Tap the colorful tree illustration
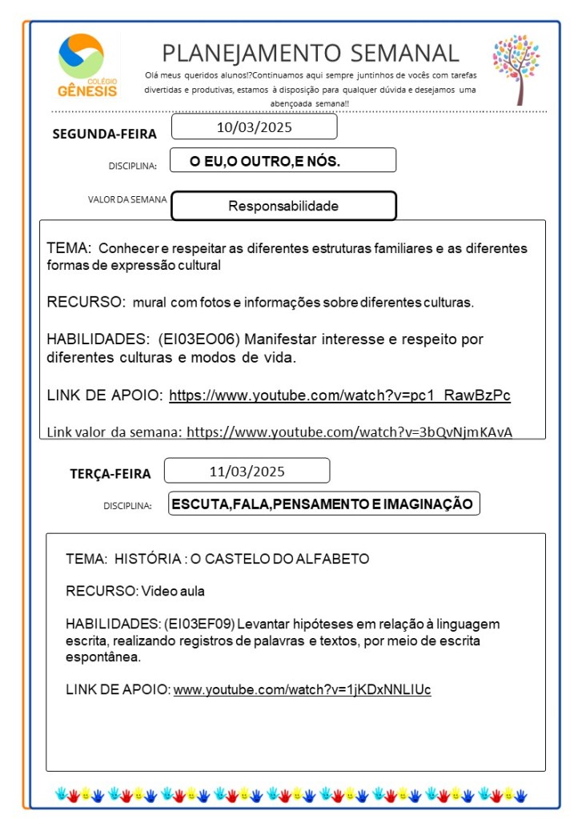pyautogui.click(x=516, y=68)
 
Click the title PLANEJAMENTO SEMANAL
pyautogui.click(x=311, y=53)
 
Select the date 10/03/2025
pyautogui.click(x=254, y=127)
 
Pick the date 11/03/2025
pyautogui.click(x=247, y=471)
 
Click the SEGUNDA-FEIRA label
pyautogui.click(x=104, y=134)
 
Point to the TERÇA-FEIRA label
pyautogui.click(x=110, y=474)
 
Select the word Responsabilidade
pyautogui.click(x=283, y=206)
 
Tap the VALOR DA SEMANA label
pyautogui.click(x=127, y=199)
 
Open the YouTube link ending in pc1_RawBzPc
pyautogui.click(x=339, y=395)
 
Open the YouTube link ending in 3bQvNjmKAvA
pyautogui.click(x=349, y=432)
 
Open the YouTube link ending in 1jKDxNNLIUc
pyautogui.click(x=302, y=689)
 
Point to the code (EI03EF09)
pyautogui.click(x=199, y=623)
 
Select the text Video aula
pyautogui.click(x=173, y=591)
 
